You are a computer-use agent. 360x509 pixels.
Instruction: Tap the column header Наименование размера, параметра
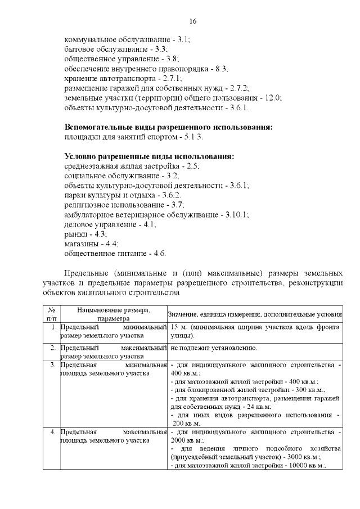(x=114, y=314)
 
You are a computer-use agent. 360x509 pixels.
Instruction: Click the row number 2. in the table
(x=52, y=349)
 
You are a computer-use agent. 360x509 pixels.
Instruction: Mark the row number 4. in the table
(x=52, y=431)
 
